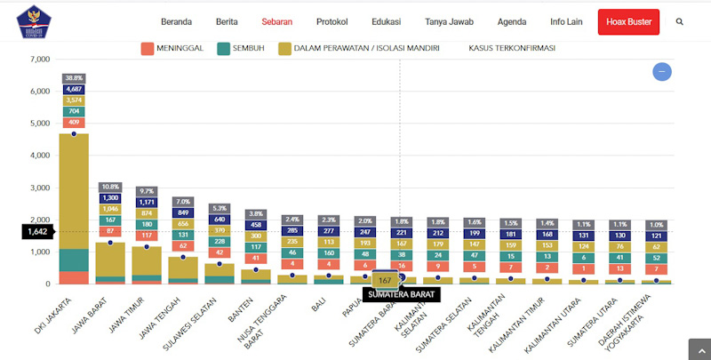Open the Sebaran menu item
point(278,21)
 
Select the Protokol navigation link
point(332,21)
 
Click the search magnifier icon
point(680,21)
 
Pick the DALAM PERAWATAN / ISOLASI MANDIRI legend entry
point(360,48)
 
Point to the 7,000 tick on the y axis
point(38,60)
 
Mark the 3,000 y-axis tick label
point(38,188)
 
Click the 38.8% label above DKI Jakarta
point(74,78)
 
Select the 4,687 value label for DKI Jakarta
point(74,89)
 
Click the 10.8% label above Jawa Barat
point(110,187)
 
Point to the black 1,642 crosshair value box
point(38,231)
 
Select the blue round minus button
point(661,72)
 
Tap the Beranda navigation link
point(177,21)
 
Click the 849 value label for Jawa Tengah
point(183,212)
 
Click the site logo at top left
point(34,21)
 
